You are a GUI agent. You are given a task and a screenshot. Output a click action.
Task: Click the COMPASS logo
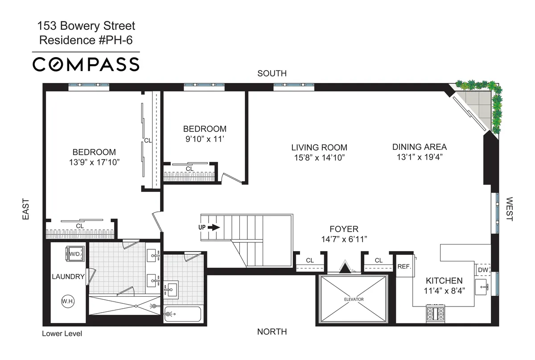pyautogui.click(x=86, y=65)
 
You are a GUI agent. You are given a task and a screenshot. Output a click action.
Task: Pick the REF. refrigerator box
pyautogui.click(x=403, y=266)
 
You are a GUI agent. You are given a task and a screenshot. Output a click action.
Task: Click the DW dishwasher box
pyautogui.click(x=483, y=270)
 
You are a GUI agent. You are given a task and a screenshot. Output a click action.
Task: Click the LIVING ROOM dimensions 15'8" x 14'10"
pyautogui.click(x=319, y=157)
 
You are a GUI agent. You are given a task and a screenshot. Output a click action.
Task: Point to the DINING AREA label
pyautogui.click(x=419, y=146)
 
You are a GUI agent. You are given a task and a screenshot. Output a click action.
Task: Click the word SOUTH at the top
pyautogui.click(x=272, y=74)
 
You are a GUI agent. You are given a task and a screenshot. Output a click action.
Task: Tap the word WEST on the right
pyautogui.click(x=510, y=209)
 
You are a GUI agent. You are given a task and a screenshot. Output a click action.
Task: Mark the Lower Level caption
pyautogui.click(x=62, y=333)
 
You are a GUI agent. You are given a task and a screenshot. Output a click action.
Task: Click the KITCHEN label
pyautogui.click(x=444, y=281)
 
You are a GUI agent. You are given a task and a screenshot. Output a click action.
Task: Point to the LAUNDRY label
pyautogui.click(x=68, y=277)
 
